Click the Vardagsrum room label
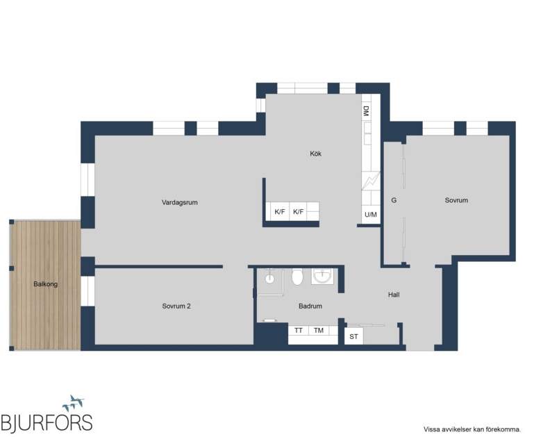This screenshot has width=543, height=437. [179, 202]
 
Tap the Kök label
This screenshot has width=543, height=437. [315, 154]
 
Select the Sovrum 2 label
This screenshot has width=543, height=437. [176, 306]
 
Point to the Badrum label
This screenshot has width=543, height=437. [310, 306]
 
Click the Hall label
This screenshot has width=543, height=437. [394, 295]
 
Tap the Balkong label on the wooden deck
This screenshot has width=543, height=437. [45, 284]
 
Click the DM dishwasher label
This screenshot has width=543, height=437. [367, 111]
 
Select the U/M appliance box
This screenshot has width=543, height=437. [371, 215]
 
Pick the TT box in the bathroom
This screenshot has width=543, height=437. [298, 331]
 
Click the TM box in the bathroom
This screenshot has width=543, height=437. [319, 331]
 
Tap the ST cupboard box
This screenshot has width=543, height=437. [353, 336]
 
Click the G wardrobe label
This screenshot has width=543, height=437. [394, 200]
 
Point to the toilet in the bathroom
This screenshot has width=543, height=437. [297, 277]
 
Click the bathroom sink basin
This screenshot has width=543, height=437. [322, 277]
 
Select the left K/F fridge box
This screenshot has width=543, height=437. [279, 212]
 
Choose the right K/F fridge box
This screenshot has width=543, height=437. [298, 212]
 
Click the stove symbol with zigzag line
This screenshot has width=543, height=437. [371, 181]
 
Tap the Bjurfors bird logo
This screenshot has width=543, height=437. [74, 403]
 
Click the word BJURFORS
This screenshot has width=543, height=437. [47, 423]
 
